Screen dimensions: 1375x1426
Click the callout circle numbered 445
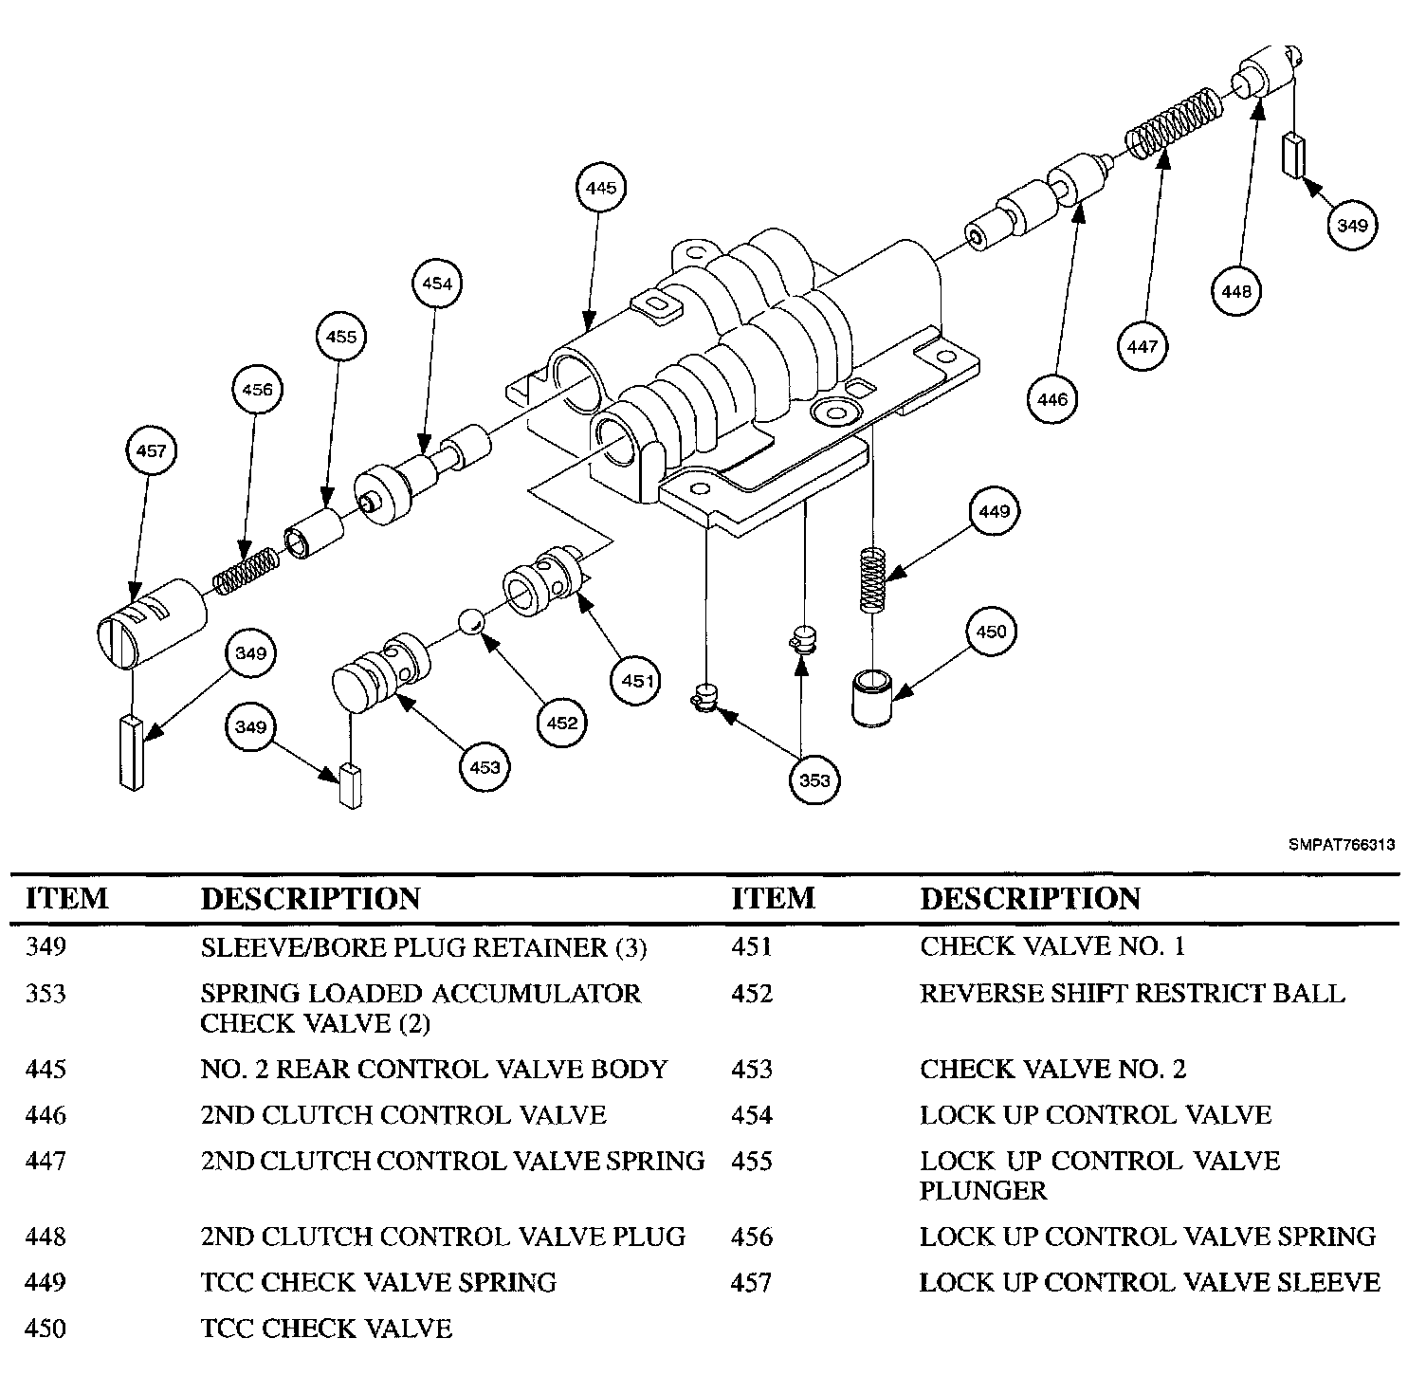[600, 189]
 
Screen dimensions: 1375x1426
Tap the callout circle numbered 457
[152, 451]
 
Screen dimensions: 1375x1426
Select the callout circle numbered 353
[814, 779]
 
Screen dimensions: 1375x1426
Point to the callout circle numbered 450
[991, 632]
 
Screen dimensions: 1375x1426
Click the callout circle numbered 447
[1143, 346]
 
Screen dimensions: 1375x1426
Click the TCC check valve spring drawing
[872, 578]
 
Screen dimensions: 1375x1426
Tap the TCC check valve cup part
[872, 697]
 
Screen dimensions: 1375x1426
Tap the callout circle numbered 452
[561, 724]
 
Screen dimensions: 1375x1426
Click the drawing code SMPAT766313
[1341, 844]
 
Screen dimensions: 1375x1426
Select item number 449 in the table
[46, 1282]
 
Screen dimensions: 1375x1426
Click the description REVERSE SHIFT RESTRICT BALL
[1132, 994]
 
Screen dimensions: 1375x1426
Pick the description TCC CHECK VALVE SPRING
[378, 1282]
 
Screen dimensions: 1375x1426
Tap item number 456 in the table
[752, 1237]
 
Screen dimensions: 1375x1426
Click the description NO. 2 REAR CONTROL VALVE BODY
[434, 1069]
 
